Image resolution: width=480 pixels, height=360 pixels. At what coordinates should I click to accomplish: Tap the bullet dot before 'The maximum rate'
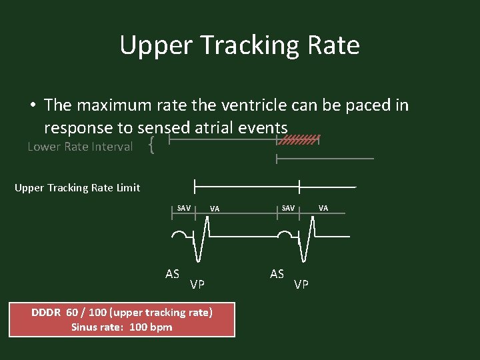point(32,105)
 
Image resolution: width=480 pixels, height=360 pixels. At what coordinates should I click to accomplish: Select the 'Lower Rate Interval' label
point(80,147)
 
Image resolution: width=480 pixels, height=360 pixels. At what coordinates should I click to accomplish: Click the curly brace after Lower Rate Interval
point(153,145)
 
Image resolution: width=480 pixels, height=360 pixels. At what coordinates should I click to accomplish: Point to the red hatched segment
point(299,140)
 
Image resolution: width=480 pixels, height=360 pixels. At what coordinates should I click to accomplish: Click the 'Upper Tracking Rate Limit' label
point(77,187)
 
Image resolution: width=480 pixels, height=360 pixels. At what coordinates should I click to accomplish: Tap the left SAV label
point(184,208)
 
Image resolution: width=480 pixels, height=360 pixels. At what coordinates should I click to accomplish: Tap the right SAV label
point(288,208)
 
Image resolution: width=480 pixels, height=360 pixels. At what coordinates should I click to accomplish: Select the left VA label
point(215,209)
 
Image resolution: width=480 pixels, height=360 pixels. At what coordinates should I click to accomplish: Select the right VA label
point(323,208)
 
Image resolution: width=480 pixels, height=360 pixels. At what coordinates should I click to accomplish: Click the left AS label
point(173,273)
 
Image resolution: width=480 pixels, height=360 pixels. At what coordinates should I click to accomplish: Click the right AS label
point(277,273)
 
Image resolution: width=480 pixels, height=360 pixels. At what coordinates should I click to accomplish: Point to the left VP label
point(197,285)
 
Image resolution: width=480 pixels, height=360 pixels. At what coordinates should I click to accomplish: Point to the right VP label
point(301,285)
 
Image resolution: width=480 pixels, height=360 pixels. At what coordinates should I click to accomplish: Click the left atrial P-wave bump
point(179,235)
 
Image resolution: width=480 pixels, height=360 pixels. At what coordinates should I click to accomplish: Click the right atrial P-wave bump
point(285,235)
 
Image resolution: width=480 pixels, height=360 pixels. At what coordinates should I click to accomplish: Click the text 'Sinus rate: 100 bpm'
point(122,327)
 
